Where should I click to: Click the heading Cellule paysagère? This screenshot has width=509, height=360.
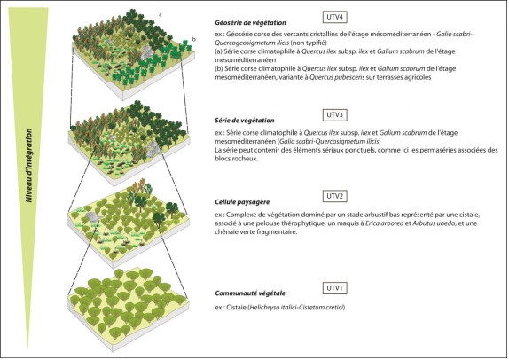(x=242, y=201)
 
